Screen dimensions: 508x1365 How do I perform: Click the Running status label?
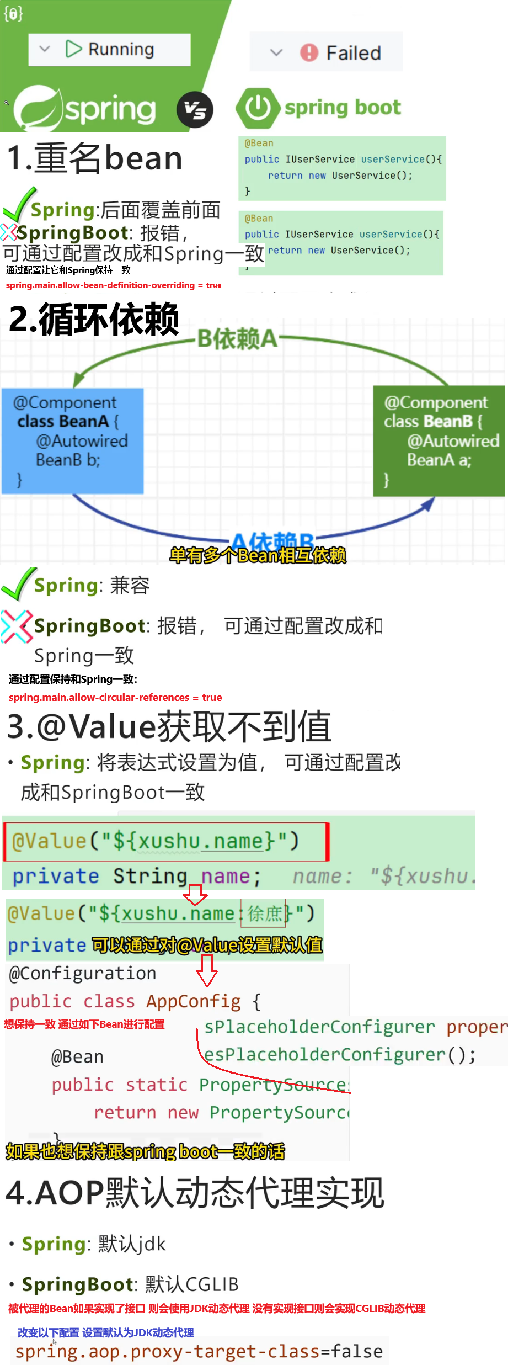click(121, 50)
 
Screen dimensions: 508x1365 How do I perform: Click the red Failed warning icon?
click(309, 53)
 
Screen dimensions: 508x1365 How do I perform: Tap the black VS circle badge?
click(195, 109)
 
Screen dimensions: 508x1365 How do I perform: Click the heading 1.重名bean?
click(95, 158)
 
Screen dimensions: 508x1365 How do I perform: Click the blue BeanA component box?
click(72, 440)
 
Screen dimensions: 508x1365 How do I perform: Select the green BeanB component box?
click(439, 440)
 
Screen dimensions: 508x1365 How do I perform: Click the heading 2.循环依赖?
click(94, 320)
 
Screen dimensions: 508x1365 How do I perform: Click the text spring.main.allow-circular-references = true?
click(115, 698)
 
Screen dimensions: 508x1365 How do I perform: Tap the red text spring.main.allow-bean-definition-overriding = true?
click(114, 285)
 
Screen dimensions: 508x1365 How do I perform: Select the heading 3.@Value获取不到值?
click(169, 726)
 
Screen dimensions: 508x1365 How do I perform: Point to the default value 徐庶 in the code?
click(264, 914)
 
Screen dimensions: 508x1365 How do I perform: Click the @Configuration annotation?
click(83, 973)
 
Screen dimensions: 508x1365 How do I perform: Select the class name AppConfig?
click(193, 1001)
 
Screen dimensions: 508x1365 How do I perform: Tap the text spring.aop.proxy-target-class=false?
click(199, 1351)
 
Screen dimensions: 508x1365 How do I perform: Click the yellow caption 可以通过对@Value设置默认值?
click(207, 945)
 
